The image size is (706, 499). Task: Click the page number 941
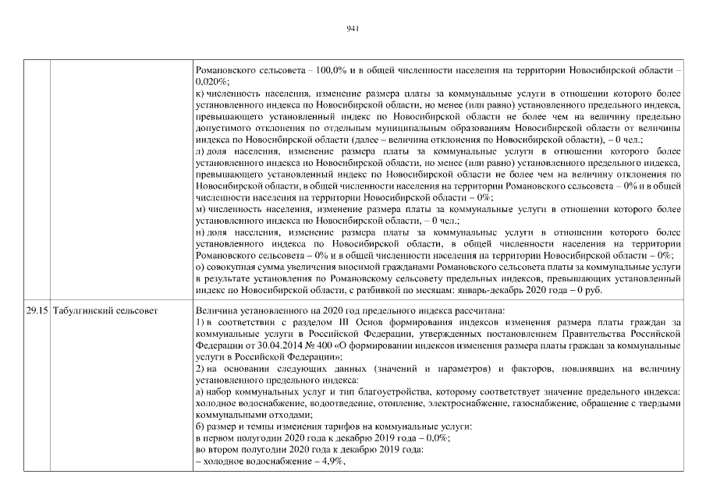click(352, 29)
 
